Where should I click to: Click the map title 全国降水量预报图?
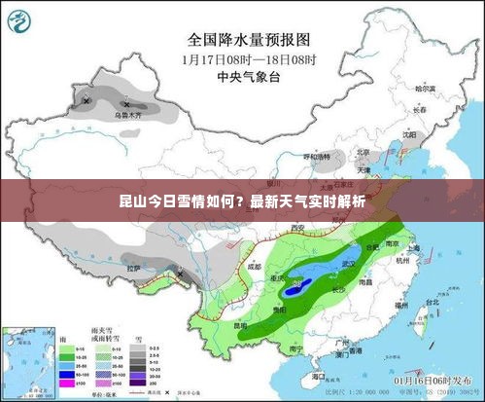[249, 40]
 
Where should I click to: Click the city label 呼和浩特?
[318, 156]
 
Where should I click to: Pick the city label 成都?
[254, 264]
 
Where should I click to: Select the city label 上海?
[413, 248]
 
